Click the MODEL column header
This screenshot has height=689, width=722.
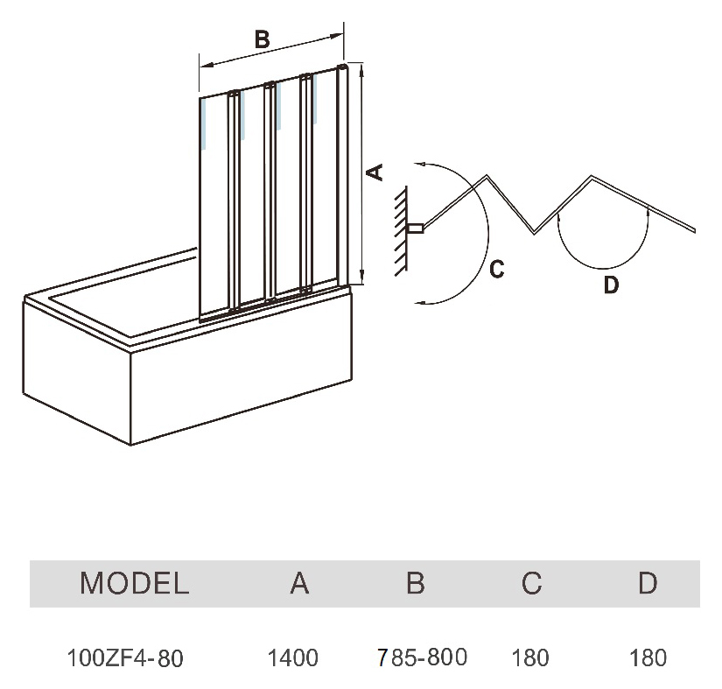[x=135, y=583]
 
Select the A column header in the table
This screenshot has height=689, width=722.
[x=299, y=583]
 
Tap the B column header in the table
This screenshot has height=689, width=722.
[x=416, y=583]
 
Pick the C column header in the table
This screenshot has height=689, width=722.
[x=531, y=583]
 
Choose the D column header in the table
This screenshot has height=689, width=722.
[x=648, y=583]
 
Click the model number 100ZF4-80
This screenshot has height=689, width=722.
[x=125, y=658]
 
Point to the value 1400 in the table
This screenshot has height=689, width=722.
[x=293, y=657]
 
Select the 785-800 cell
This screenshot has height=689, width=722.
[x=422, y=657]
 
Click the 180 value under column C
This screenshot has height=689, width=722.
[x=530, y=657]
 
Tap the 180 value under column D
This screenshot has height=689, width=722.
[x=648, y=657]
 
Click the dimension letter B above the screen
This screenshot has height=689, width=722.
[x=262, y=39]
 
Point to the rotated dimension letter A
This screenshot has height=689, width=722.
[x=375, y=172]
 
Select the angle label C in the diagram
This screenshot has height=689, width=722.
[x=497, y=269]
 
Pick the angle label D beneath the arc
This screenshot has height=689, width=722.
[x=611, y=285]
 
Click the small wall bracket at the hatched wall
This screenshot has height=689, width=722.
[x=417, y=228]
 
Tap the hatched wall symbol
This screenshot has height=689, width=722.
[x=401, y=230]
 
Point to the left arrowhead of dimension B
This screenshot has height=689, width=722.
[x=205, y=65]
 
